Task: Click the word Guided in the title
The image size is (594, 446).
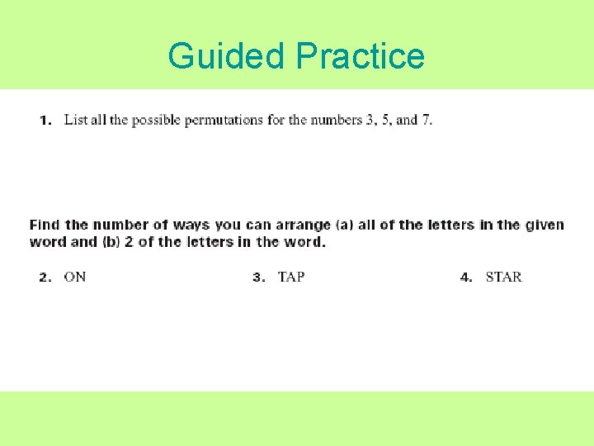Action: [x=227, y=56]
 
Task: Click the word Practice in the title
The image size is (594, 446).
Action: [x=360, y=56]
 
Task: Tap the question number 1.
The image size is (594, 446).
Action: [x=45, y=121]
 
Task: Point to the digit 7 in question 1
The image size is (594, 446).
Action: [x=426, y=120]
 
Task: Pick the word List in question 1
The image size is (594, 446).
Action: [x=75, y=120]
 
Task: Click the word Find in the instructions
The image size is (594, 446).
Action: [x=45, y=225]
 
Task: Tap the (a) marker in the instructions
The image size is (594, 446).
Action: [x=346, y=225]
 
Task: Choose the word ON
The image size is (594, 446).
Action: [x=75, y=277]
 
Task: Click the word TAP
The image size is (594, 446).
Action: [x=291, y=277]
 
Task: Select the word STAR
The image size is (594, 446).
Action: [x=503, y=277]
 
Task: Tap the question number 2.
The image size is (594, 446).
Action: [x=45, y=278]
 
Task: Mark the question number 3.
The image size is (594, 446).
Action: [x=258, y=278]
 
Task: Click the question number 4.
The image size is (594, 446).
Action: [x=466, y=278]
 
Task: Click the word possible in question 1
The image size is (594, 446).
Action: [x=157, y=121]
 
